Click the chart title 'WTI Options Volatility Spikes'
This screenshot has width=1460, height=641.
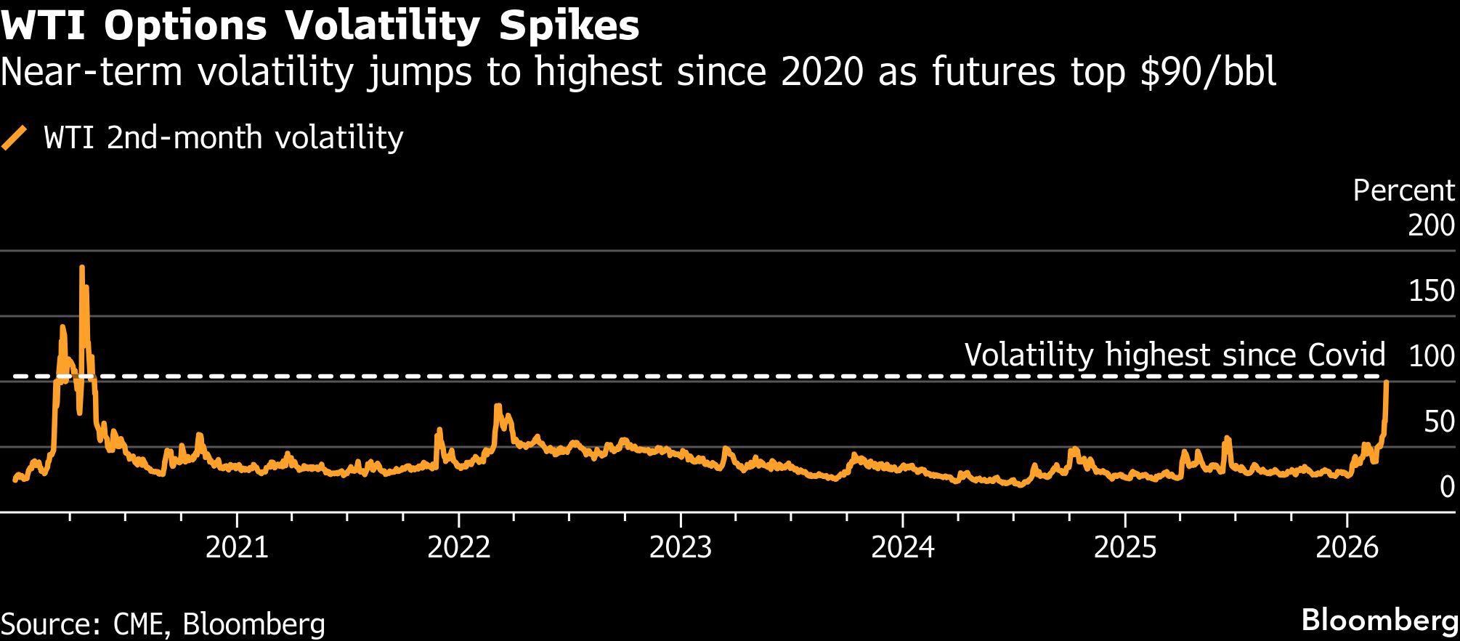[320, 26]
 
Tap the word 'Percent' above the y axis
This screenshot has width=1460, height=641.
[1403, 190]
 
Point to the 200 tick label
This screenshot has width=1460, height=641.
[1431, 225]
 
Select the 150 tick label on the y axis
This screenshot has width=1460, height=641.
[1431, 291]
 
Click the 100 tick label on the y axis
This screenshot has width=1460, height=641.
[1431, 356]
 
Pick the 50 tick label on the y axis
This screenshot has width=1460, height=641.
[1439, 422]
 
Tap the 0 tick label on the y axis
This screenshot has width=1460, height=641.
[1447, 487]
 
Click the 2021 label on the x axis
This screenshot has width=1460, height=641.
[237, 547]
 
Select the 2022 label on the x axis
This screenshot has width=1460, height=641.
[459, 547]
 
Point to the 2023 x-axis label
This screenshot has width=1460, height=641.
[681, 547]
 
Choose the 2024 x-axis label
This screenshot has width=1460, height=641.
[903, 547]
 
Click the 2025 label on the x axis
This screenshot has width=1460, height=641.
[1125, 547]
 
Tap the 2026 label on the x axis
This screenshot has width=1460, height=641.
[1347, 547]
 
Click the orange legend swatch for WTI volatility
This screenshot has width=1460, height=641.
[15, 137]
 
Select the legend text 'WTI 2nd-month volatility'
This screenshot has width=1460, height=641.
[223, 137]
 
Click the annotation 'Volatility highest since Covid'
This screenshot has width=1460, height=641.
[1175, 355]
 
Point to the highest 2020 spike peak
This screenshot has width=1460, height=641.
[81, 267]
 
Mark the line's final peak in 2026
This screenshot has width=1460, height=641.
[1387, 382]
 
